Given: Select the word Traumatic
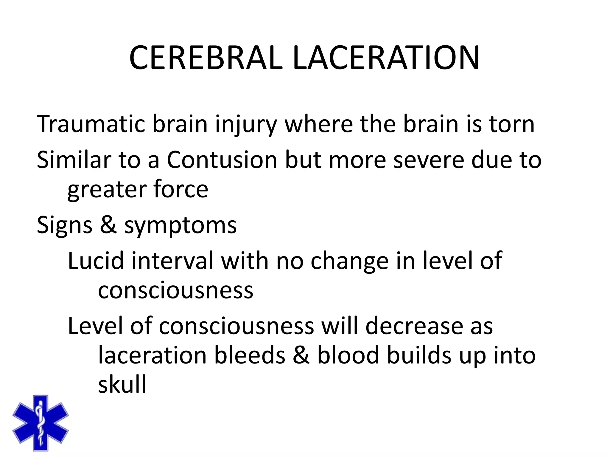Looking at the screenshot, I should coord(91,124).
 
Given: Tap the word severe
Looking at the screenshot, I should coord(429,160).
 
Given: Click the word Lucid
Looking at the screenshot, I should coord(96,261).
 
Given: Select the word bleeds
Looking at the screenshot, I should coord(250,355).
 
